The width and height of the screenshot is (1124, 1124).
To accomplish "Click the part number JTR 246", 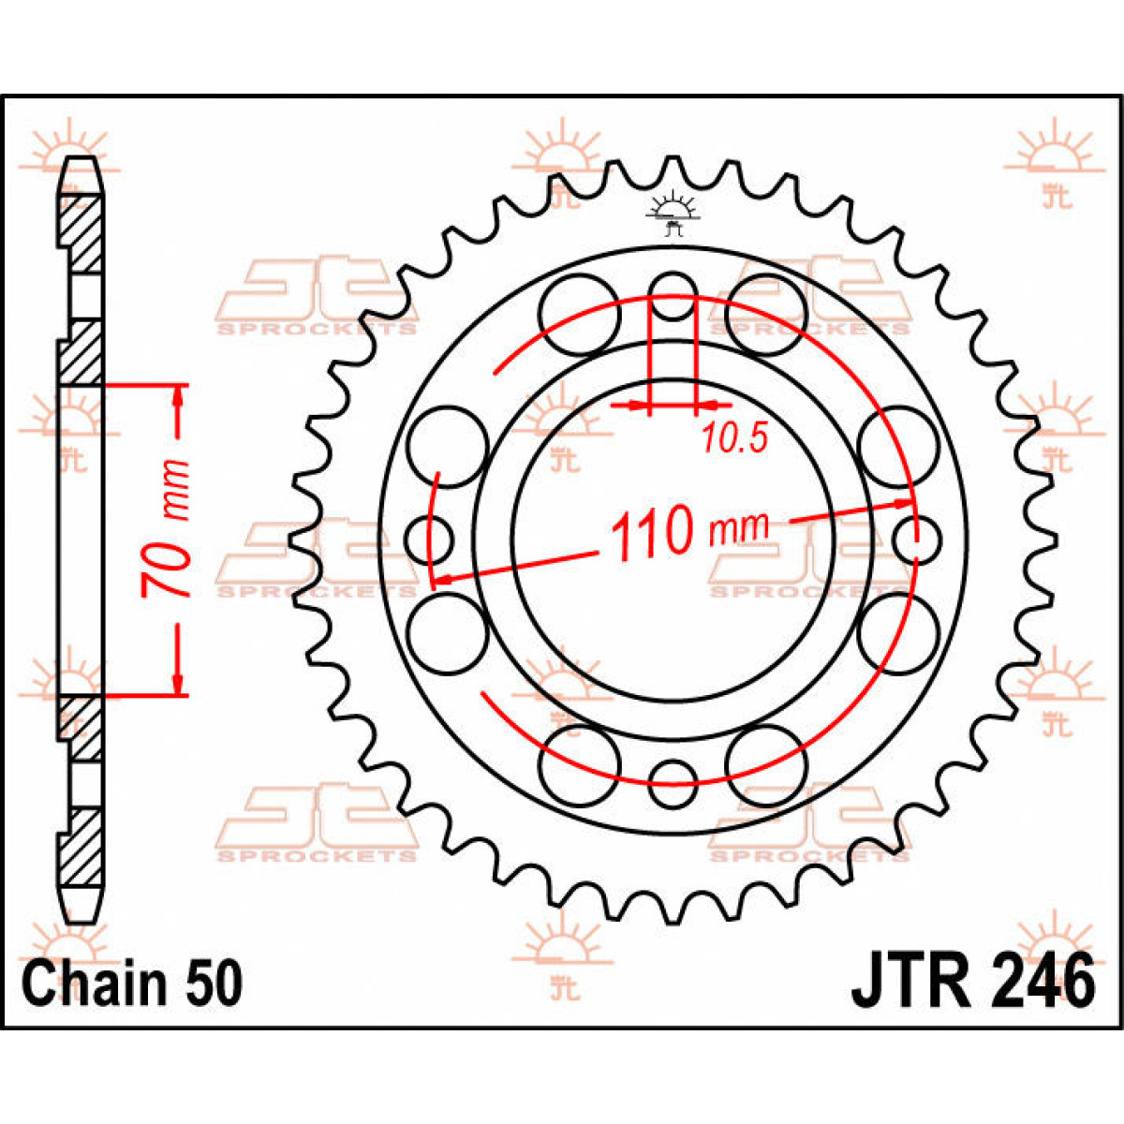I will point(972,982).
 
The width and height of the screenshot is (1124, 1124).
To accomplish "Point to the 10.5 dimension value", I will point(735,437).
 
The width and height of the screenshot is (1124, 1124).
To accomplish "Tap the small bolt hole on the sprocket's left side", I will point(430,540).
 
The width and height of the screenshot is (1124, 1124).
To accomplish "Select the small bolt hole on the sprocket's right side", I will point(915,540).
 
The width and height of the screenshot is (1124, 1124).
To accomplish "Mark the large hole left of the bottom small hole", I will point(581,764).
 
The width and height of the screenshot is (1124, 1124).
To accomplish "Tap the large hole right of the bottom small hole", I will point(765,764).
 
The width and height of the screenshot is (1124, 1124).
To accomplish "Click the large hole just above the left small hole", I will point(449,447).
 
